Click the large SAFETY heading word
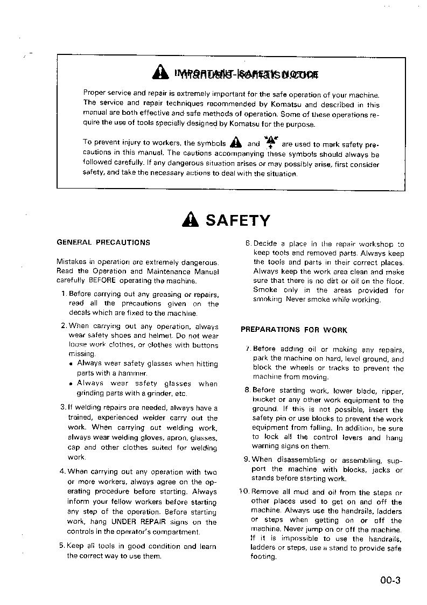point(238,220)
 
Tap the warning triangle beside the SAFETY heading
point(191,220)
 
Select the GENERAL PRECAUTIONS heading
point(103,242)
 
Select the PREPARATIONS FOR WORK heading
point(294,330)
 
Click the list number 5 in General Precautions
point(61,546)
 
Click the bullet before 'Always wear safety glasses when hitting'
point(71,364)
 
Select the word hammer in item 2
point(134,373)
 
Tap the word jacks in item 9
point(377,470)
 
